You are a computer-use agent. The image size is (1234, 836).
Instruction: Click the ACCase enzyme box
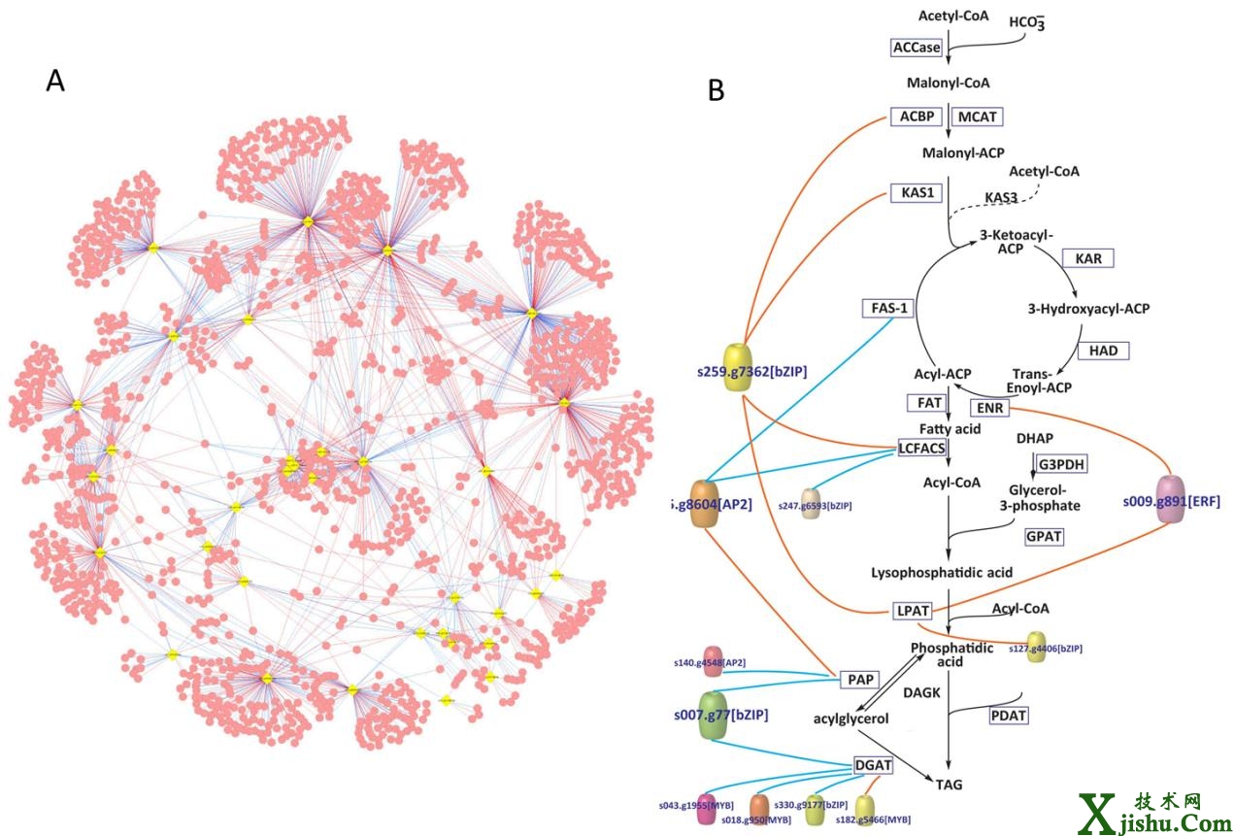[917, 47]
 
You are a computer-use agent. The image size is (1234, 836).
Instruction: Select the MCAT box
[978, 117]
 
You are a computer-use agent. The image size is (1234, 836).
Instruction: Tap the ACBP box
[917, 117]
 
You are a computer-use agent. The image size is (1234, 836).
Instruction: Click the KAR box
[1087, 258]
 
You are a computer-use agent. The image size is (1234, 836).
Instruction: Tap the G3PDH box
[1061, 464]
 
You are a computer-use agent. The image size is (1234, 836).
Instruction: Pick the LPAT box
[912, 611]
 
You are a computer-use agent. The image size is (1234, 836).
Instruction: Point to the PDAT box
[1009, 715]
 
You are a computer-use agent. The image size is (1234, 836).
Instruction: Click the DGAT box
[872, 765]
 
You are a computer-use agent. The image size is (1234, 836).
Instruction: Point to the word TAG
[949, 783]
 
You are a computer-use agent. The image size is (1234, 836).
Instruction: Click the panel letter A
[55, 82]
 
